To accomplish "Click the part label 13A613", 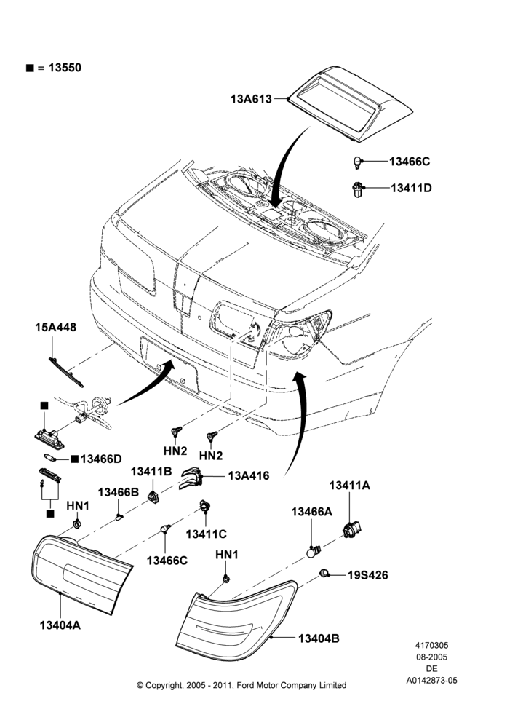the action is point(251,99).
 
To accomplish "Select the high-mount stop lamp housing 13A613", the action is point(351,103).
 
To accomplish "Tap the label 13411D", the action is point(411,188).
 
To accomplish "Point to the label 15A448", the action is point(56,328).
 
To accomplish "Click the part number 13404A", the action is point(60,625).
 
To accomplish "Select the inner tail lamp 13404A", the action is point(81,574).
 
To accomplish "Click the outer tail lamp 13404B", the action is point(236,620).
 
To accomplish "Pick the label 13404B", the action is point(319,639).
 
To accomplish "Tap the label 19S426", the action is point(368,575).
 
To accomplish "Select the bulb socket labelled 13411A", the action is point(351,529).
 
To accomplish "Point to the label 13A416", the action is point(248,476).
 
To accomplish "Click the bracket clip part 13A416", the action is point(191,478).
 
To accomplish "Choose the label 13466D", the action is point(101,459).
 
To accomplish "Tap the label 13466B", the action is point(119,492).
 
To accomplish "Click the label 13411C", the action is point(206,534).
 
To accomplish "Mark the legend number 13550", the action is point(65,68).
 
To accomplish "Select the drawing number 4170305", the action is point(431,645).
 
